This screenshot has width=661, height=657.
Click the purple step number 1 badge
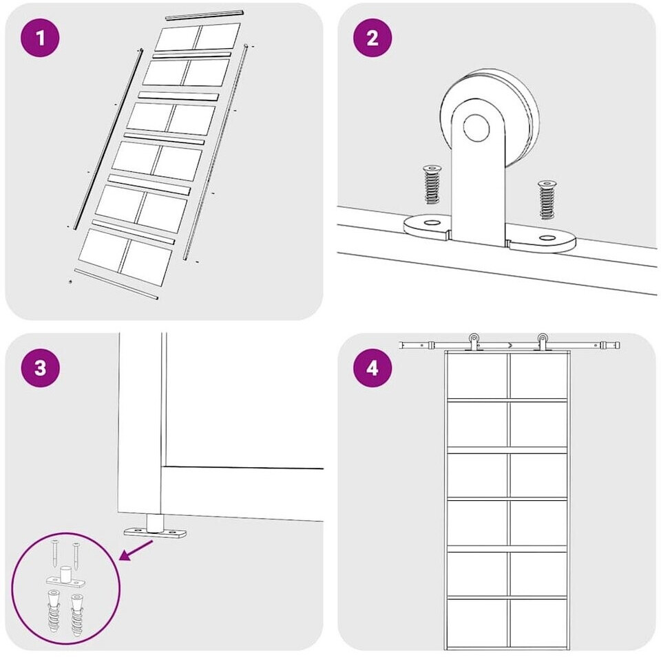pos(40,38)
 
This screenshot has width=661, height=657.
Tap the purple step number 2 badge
pos(373,38)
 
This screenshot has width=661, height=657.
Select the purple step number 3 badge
pos(40,367)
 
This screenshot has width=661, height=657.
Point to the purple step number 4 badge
pos(373,367)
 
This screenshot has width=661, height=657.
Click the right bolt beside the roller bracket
pos(547,200)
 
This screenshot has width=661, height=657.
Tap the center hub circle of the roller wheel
pos(476,127)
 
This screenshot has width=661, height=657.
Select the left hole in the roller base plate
pos(431,222)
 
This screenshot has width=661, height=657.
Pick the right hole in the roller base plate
pos(547,238)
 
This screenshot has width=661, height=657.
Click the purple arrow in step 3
pos(136,550)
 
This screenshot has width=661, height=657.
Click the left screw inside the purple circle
pos(56,553)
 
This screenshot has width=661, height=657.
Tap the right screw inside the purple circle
pos(76,555)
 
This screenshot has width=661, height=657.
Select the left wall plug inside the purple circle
pos(54,612)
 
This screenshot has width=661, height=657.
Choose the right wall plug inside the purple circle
pos(77,615)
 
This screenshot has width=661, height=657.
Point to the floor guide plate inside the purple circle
pos(66,578)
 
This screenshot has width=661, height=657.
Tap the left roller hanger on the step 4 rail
pos(474,342)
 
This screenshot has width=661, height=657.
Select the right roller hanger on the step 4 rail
pos(542,342)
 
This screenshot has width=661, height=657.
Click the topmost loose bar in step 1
pos(205,14)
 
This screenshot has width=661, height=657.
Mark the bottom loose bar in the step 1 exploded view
pos(116,284)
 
